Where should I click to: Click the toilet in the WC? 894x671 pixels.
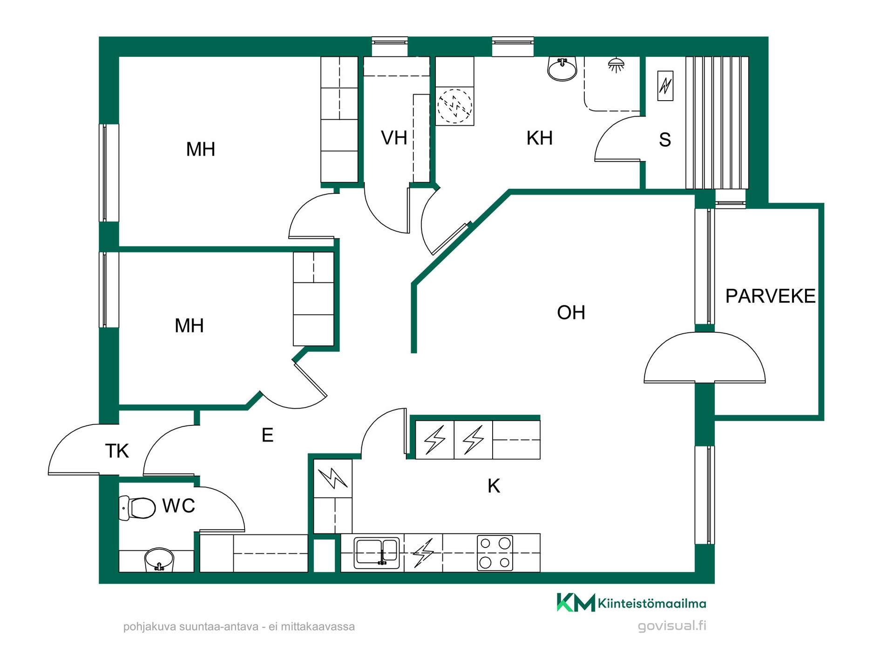pyautogui.click(x=137, y=508)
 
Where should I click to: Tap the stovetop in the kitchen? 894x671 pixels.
pyautogui.click(x=494, y=553)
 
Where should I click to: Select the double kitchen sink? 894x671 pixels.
pyautogui.click(x=377, y=553)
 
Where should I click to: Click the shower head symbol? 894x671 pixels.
pyautogui.click(x=616, y=65)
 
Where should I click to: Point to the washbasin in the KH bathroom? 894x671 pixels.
pyautogui.click(x=562, y=69)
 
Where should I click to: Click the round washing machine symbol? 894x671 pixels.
pyautogui.click(x=454, y=106)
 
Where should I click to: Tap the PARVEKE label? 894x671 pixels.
pyautogui.click(x=770, y=296)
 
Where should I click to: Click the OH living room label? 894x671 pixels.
pyautogui.click(x=571, y=313)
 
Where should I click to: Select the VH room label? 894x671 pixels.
pyautogui.click(x=394, y=138)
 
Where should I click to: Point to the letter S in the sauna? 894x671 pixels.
pyautogui.click(x=665, y=140)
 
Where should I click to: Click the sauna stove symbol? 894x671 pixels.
pyautogui.click(x=665, y=86)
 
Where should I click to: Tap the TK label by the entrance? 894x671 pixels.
pyautogui.click(x=117, y=451)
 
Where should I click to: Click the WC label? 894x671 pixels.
pyautogui.click(x=178, y=506)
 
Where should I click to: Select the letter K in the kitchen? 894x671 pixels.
pyautogui.click(x=494, y=486)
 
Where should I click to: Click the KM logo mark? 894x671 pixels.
pyautogui.click(x=576, y=603)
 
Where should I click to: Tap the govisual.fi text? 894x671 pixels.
pyautogui.click(x=672, y=626)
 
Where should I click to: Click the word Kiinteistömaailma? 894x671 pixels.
pyautogui.click(x=652, y=604)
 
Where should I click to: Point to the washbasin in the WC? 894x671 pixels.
pyautogui.click(x=159, y=559)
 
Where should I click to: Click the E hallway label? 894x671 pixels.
pyautogui.click(x=267, y=435)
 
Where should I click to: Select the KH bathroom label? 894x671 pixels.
pyautogui.click(x=540, y=138)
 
